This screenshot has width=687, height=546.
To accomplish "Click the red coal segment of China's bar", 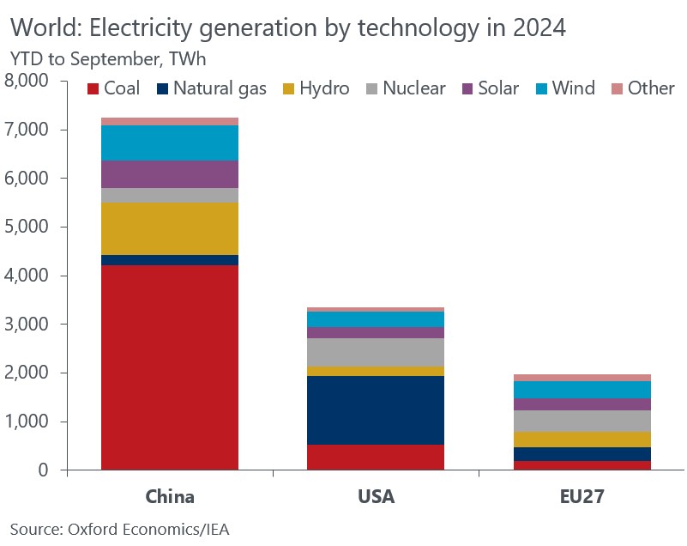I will (x=170, y=367).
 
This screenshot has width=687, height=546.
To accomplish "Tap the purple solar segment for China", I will (x=170, y=174).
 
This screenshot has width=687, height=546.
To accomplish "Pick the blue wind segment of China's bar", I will (x=170, y=143).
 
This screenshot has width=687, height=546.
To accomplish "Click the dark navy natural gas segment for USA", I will (x=376, y=409).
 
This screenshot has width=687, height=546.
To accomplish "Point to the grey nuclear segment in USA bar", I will (x=376, y=352).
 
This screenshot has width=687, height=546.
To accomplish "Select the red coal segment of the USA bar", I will (x=376, y=457).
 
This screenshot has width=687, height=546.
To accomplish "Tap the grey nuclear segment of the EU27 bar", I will (x=582, y=421).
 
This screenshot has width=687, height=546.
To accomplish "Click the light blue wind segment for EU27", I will (x=582, y=389).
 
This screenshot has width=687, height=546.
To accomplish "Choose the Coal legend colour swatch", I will (x=93, y=88).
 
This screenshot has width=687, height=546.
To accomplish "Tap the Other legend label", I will (x=651, y=88).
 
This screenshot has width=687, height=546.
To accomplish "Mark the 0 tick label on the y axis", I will (x=45, y=470).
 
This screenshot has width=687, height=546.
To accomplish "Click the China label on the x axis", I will (x=170, y=496).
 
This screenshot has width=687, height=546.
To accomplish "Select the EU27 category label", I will (x=582, y=496).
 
